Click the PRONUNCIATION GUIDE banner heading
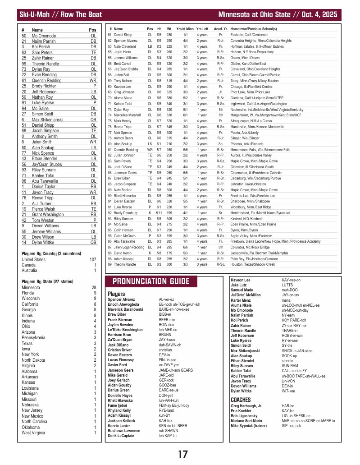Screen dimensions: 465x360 click(151, 282)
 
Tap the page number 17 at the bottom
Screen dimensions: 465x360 click(182, 454)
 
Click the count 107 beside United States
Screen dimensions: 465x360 click(93, 260)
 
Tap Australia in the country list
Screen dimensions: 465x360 click(30, 271)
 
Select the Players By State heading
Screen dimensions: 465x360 click(47, 281)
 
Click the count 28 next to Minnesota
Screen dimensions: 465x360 click(94, 287)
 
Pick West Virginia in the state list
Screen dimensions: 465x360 click(33, 433)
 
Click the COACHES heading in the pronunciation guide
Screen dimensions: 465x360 click(241, 400)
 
